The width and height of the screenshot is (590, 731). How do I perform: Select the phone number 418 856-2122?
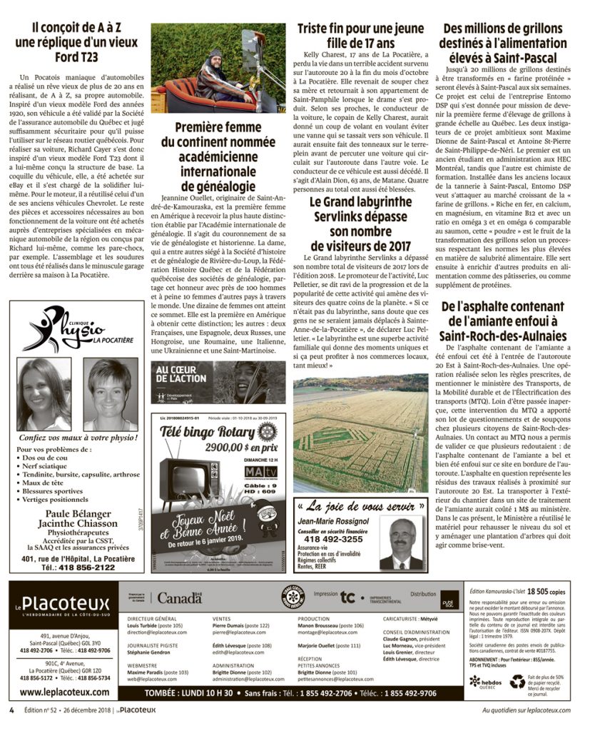point(78,568)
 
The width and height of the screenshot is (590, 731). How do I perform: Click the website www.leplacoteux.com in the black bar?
point(65,691)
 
